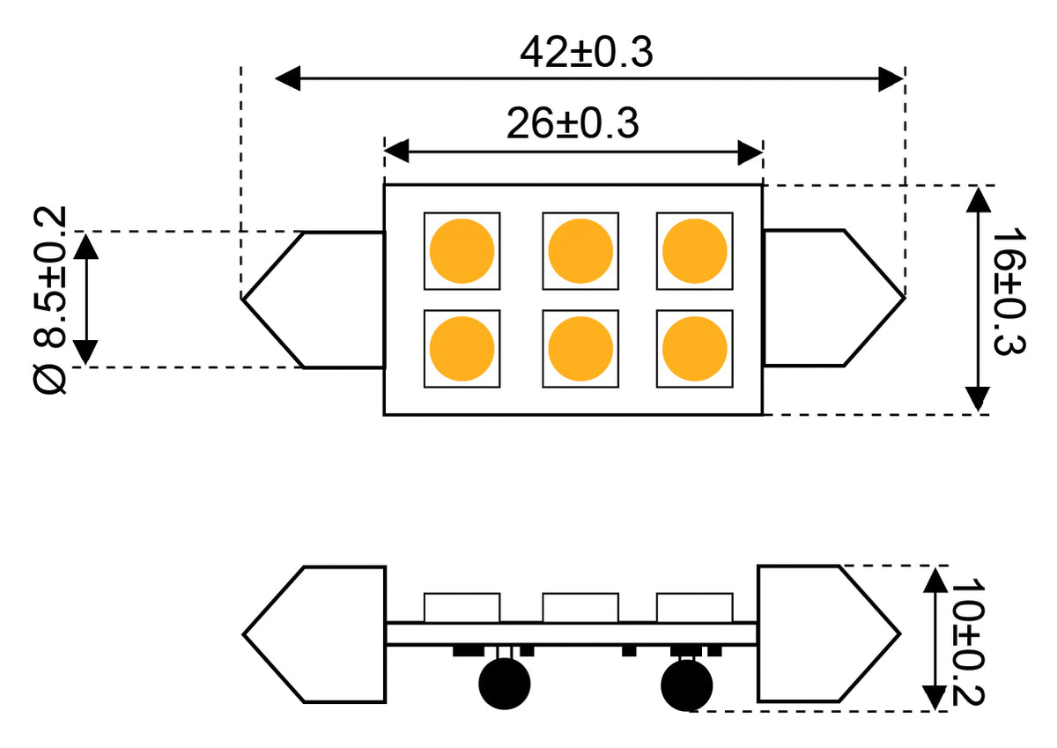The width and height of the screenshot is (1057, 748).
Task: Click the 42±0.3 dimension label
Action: (587, 52)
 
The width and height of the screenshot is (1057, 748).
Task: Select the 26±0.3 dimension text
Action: (573, 123)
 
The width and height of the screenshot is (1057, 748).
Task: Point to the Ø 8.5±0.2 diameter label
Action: (50, 300)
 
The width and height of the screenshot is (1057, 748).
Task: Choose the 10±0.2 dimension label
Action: (968, 642)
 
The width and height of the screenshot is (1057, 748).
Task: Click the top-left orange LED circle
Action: (462, 251)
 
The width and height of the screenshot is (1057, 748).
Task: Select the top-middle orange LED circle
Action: (580, 251)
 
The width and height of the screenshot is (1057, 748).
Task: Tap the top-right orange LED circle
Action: (695, 251)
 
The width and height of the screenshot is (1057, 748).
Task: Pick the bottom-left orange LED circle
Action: (462, 349)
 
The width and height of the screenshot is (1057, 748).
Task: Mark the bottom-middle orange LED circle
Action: (580, 349)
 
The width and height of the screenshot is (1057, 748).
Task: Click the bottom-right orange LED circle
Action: (695, 349)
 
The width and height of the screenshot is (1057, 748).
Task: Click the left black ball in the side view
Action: (505, 684)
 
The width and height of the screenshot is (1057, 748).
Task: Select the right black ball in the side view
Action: (686, 685)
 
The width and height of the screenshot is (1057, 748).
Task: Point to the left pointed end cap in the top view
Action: (314, 300)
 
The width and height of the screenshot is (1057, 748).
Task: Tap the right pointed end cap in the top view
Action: (834, 298)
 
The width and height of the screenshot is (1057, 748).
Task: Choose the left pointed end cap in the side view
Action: (314, 634)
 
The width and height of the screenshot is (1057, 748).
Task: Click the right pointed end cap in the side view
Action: (829, 633)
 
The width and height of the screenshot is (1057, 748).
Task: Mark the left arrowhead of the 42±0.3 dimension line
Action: (288, 78)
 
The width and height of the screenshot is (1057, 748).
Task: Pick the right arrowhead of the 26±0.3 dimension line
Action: (750, 152)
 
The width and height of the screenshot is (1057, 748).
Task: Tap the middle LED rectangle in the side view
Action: (580, 608)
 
